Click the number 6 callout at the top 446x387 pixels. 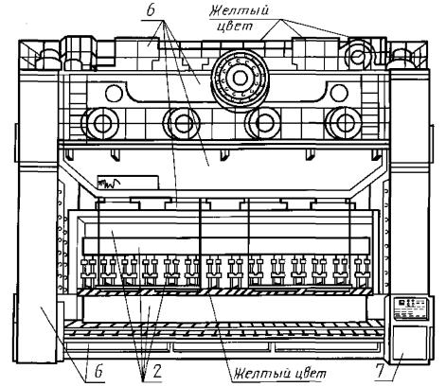tap(151, 10)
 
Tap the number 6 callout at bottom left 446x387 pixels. tap(98, 372)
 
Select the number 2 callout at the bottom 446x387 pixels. tap(157, 372)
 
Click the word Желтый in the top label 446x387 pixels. tap(239, 11)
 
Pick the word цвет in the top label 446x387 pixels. tap(235, 26)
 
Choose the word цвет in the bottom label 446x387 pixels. tap(312, 375)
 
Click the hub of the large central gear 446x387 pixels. tap(241, 78)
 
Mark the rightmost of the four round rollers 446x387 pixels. tap(344, 123)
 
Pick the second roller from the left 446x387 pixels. tap(182, 124)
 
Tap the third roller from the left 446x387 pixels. tap(264, 123)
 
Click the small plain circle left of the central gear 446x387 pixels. tap(114, 94)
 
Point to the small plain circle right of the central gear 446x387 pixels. tap(339, 93)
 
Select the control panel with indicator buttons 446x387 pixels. tap(410, 309)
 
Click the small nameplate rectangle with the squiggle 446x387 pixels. tap(128, 183)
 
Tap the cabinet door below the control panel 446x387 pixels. tap(409, 343)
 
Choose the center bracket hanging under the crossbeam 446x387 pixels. tap(224, 154)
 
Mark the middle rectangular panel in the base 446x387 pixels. tap(223, 347)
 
